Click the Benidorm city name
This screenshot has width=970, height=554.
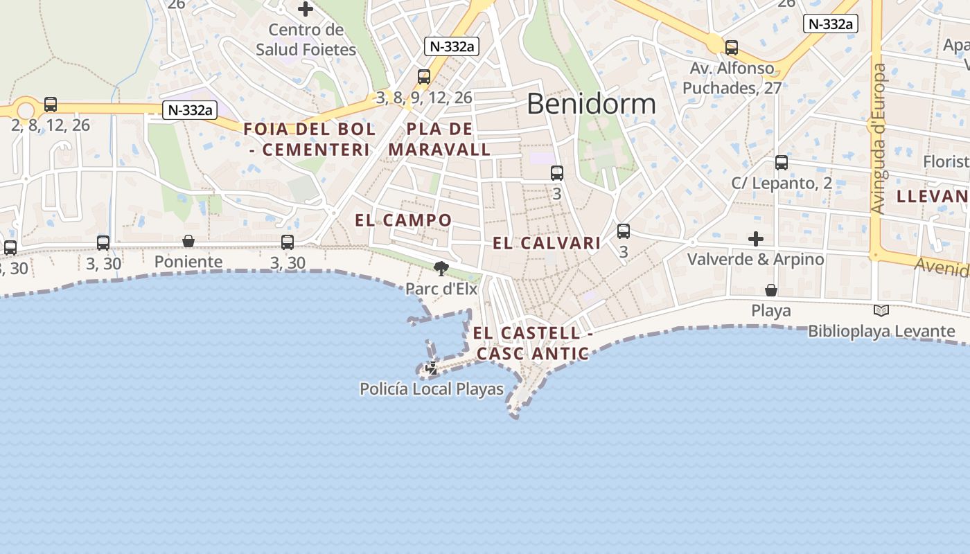tap(591, 104)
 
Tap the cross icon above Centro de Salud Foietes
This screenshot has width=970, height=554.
tap(306, 9)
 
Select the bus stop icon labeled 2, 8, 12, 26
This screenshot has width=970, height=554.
tap(51, 105)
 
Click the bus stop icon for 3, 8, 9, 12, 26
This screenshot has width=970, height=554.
tap(424, 77)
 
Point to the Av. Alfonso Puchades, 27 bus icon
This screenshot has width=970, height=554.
tap(732, 48)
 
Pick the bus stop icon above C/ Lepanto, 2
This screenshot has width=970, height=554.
tap(782, 163)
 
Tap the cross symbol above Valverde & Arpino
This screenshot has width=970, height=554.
tap(756, 239)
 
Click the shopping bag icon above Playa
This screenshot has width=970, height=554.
tap(771, 290)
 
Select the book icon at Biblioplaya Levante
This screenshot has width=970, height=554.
tap(881, 311)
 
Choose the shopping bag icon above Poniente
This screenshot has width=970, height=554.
tap(188, 241)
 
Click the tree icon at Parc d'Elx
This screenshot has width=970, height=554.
tap(441, 268)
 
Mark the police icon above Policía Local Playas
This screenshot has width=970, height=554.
tap(432, 368)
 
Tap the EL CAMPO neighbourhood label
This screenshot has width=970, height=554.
tap(403, 220)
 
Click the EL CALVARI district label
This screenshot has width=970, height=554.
tap(547, 243)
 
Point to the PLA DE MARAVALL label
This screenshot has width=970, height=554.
tap(439, 139)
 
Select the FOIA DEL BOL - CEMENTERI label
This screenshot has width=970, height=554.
tap(310, 139)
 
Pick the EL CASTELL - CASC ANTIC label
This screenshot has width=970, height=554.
tap(533, 343)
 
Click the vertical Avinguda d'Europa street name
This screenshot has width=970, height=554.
tap(879, 138)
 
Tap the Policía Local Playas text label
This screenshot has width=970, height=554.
tap(432, 389)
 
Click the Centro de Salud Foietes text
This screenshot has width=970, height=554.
tap(306, 39)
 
